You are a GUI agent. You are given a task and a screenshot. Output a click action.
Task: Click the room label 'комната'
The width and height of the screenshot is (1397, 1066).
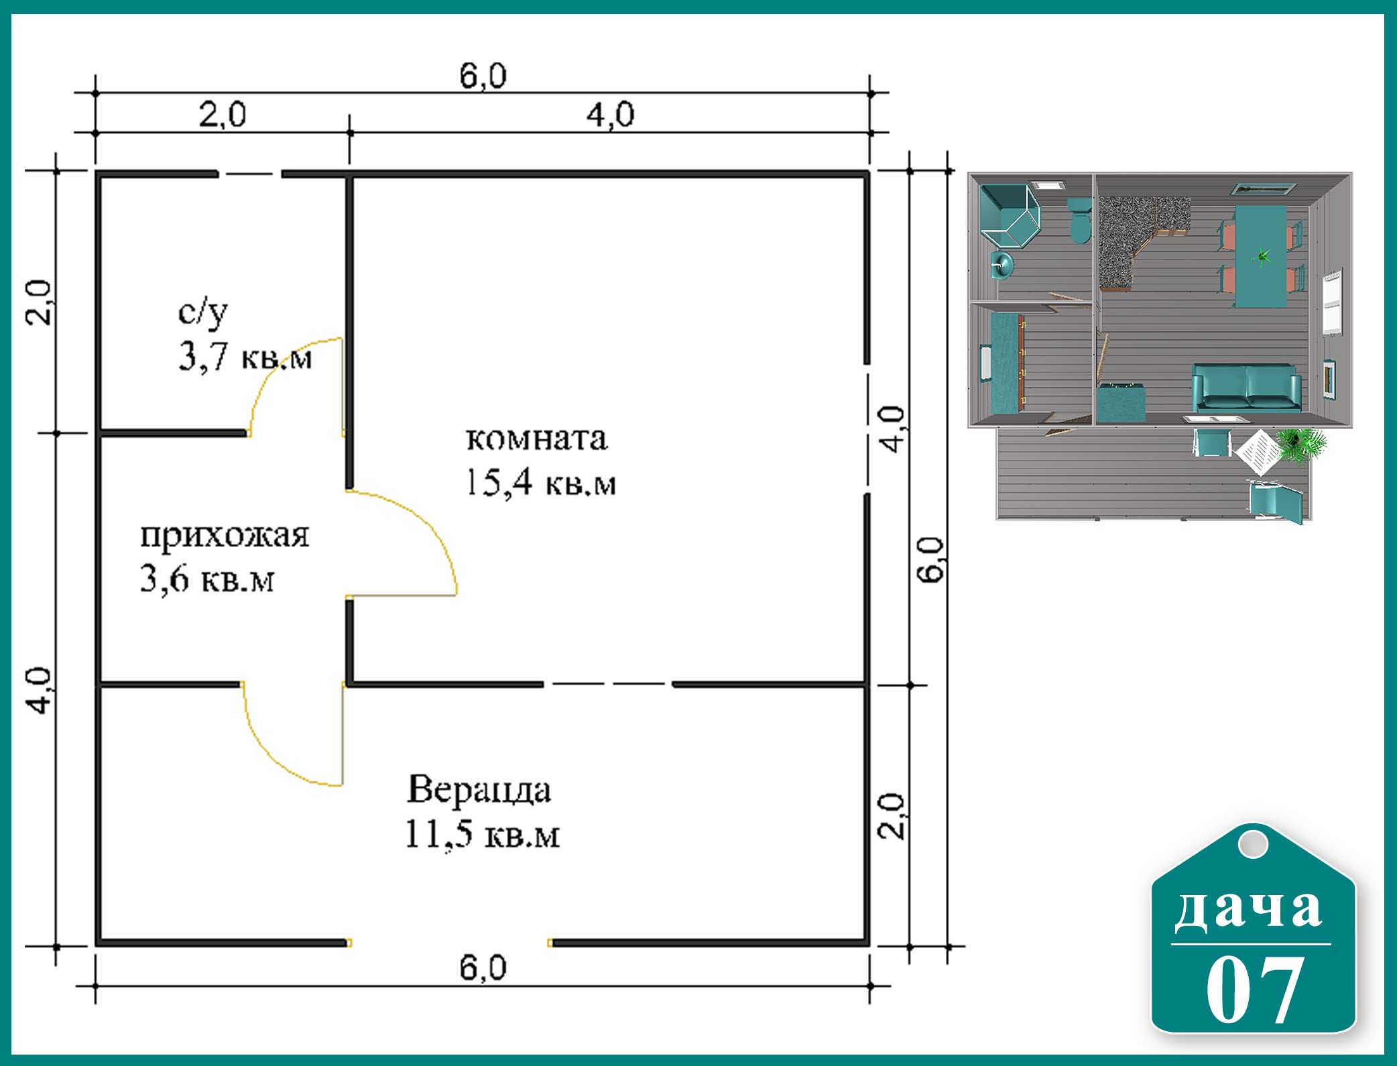click(536, 439)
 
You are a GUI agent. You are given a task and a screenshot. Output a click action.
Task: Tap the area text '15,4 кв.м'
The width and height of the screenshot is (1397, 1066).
click(540, 482)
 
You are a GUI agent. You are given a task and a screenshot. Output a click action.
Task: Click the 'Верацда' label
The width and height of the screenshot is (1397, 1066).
click(479, 790)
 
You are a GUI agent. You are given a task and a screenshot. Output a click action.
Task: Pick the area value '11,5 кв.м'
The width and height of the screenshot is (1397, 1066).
click(482, 835)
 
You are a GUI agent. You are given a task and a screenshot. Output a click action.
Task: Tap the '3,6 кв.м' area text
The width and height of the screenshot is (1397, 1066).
click(206, 579)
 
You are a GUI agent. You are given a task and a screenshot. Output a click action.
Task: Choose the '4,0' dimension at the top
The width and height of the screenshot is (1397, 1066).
click(610, 115)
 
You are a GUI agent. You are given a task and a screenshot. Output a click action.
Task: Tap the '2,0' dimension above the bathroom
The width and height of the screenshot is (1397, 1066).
click(223, 115)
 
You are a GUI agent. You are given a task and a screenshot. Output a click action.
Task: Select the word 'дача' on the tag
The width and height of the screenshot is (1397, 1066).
click(1248, 908)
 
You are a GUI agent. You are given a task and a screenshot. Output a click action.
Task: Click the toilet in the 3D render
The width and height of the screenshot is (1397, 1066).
click(1079, 219)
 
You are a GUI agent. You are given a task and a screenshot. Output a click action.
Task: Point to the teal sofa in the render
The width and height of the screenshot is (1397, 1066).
click(1246, 388)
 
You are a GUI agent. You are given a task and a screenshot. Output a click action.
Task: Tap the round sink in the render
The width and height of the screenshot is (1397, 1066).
click(1002, 265)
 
